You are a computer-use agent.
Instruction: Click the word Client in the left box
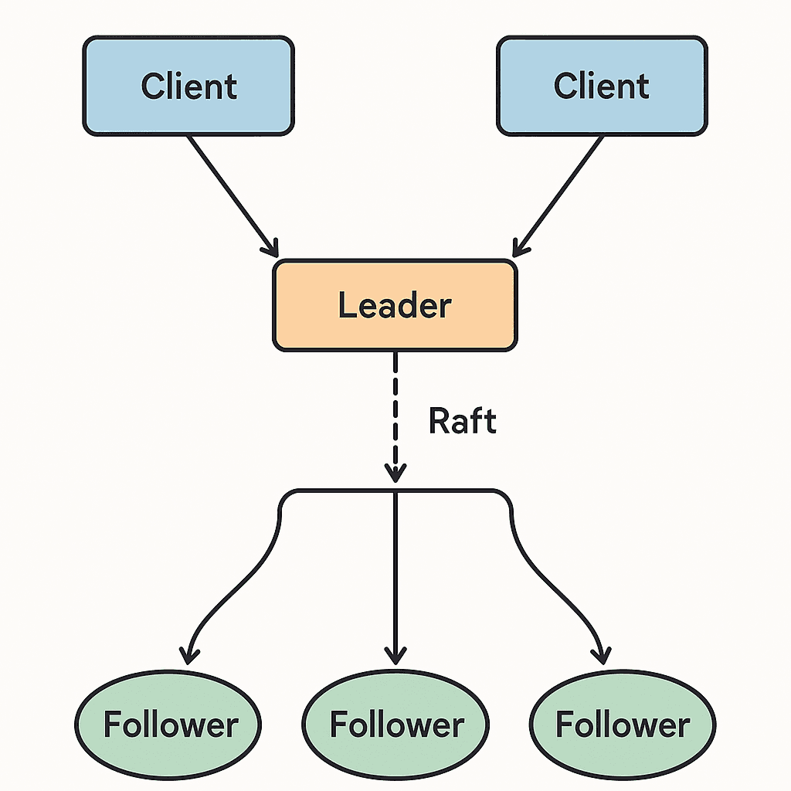point(188,86)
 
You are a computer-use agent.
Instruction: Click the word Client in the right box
point(601,86)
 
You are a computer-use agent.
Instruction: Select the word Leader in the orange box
point(395,304)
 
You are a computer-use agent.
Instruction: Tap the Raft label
point(463,420)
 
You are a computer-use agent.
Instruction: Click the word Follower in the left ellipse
point(171,725)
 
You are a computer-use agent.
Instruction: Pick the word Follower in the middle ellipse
point(397,725)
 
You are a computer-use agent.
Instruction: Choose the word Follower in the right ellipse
point(623,725)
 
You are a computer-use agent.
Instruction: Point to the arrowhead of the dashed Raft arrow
point(395,474)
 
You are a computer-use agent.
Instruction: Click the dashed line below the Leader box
point(395,416)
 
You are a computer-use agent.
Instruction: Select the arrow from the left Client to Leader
point(233,196)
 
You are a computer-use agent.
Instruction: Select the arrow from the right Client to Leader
point(558,196)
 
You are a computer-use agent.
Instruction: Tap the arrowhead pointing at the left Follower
point(188,657)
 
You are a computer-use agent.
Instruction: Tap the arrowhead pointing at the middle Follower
point(395,656)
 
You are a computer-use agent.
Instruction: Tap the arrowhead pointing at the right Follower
point(602,657)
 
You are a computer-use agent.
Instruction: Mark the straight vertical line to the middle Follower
point(395,578)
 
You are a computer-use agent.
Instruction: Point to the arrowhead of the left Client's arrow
point(271,248)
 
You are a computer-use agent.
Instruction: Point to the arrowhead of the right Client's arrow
point(520,248)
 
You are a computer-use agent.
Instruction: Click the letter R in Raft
point(439,420)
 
